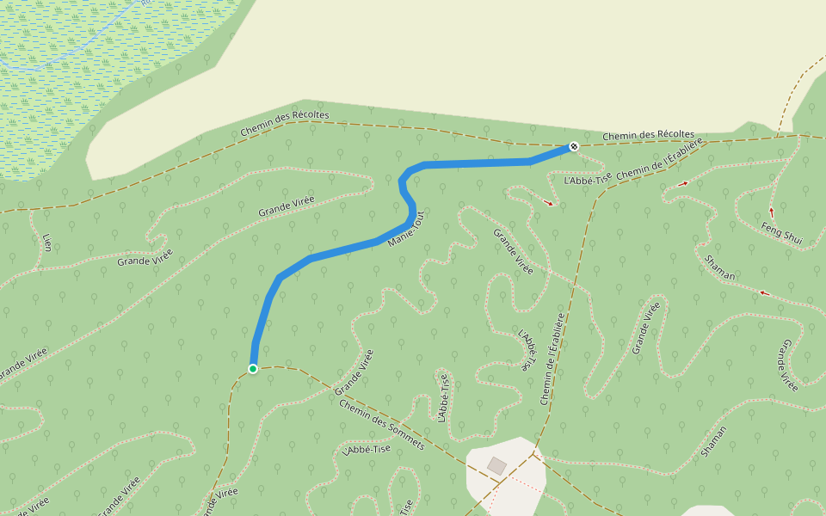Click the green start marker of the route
tap(253, 369)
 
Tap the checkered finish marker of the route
tap(574, 146)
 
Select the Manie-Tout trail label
tap(407, 230)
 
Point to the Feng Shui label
tap(781, 233)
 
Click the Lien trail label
tap(46, 241)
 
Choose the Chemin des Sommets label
tap(382, 424)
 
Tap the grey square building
tap(496, 465)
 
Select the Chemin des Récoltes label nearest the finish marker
tap(648, 135)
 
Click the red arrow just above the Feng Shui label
tap(771, 211)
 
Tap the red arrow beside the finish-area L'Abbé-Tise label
tap(549, 203)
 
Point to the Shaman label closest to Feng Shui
tap(719, 267)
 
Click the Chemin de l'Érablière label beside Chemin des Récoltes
tap(661, 160)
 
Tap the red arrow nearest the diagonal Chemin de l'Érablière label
tap(683, 183)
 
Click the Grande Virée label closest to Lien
tap(145, 257)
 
